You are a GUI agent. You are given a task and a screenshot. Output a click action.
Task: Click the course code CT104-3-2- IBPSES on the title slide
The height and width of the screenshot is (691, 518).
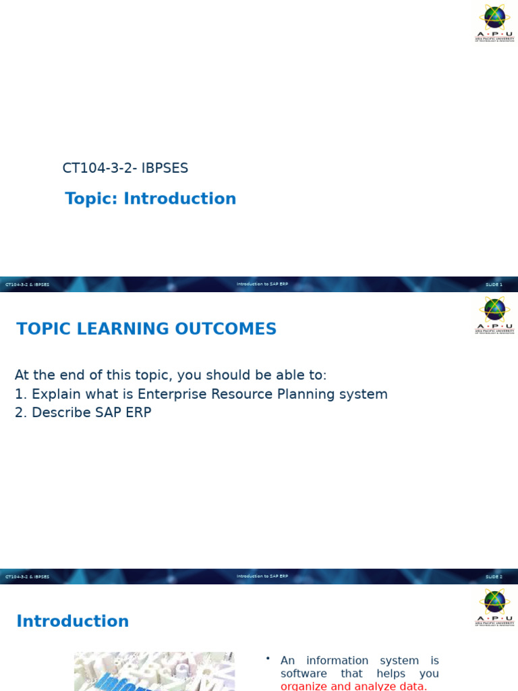tap(125, 168)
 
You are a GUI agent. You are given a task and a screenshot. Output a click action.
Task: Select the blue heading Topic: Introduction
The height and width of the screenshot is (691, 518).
tap(150, 199)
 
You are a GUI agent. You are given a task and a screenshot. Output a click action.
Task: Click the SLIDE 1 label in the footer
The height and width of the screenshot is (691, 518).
tap(494, 285)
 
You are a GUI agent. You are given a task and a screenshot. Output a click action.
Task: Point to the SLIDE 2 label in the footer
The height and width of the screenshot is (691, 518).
tap(494, 577)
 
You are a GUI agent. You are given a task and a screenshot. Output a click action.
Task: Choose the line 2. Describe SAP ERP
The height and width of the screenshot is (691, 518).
tap(83, 412)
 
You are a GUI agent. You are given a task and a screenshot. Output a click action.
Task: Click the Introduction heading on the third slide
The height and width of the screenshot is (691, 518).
tap(72, 621)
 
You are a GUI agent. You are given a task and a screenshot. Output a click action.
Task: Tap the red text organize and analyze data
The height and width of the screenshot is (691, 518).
tap(353, 686)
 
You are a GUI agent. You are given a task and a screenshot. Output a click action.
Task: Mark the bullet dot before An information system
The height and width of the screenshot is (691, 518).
tap(268, 659)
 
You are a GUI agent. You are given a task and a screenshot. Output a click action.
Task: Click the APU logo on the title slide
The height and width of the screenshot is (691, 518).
tap(494, 23)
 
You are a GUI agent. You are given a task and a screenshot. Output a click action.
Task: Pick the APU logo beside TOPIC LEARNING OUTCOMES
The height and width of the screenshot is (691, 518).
tap(494, 315)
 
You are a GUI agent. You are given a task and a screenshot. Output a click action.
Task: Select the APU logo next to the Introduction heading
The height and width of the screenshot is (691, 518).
tap(494, 607)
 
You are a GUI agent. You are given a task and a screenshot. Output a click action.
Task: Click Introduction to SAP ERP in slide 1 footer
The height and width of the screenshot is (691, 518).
tap(262, 284)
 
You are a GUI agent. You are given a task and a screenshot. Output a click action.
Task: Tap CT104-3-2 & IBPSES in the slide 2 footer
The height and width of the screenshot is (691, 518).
tap(28, 577)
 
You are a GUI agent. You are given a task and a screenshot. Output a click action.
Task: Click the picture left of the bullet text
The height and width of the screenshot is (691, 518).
tap(154, 671)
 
